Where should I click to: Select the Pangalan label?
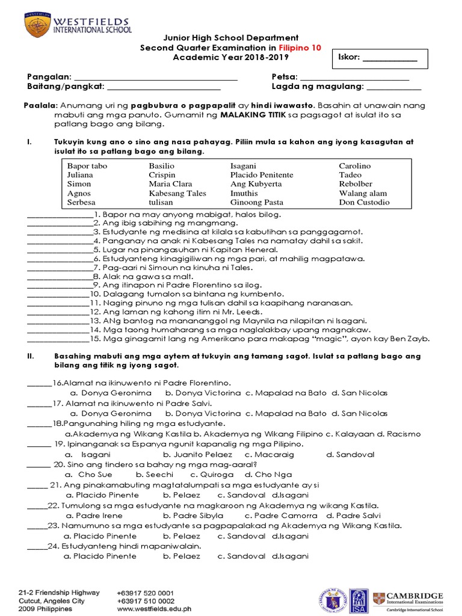click(49, 77)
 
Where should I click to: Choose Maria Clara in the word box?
click(170, 184)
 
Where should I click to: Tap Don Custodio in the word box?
click(364, 203)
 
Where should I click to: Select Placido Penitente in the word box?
click(262, 175)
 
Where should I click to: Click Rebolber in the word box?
click(356, 184)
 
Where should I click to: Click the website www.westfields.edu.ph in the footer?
click(153, 609)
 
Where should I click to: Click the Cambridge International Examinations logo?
click(407, 600)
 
